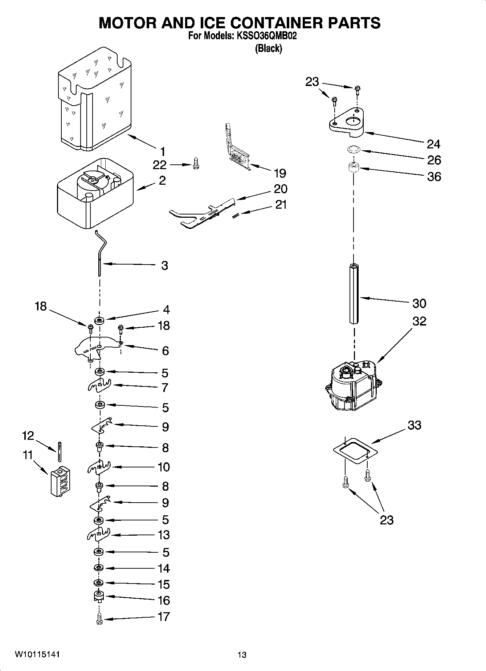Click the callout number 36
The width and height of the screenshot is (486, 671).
(x=434, y=177)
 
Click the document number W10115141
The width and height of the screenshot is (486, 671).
(x=37, y=654)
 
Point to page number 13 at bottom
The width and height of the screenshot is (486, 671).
(x=242, y=655)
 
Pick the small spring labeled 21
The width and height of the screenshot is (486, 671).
(x=235, y=216)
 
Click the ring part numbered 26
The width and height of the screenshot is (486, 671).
(x=352, y=149)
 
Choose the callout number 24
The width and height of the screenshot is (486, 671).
(x=433, y=144)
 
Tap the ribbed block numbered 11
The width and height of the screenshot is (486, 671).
(x=60, y=481)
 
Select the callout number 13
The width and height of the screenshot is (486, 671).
(x=164, y=535)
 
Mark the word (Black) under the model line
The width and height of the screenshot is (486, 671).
(x=268, y=48)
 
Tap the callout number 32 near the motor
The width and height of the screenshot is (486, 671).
(x=419, y=321)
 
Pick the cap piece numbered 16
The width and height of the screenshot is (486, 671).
(x=99, y=596)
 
